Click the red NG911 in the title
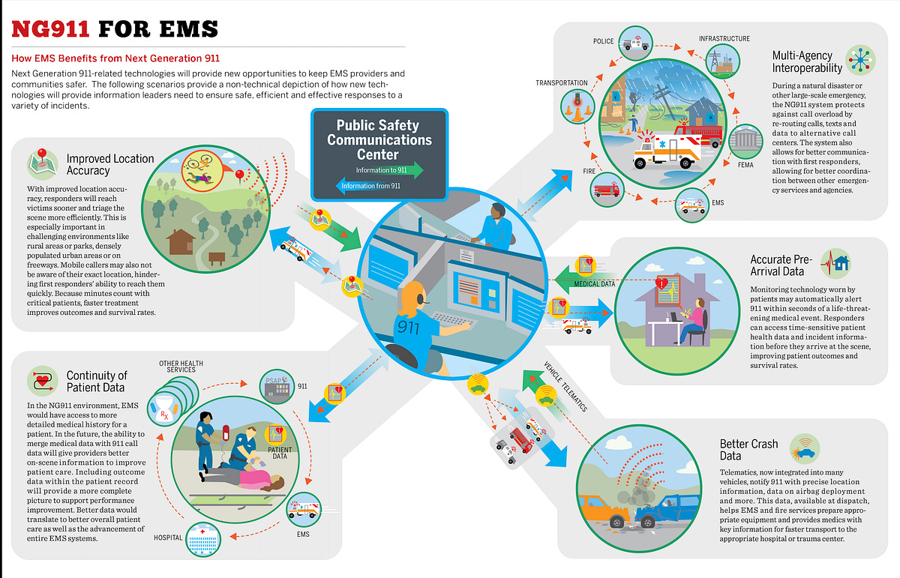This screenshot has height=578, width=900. click(50, 28)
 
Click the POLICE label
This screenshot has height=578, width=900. click(603, 42)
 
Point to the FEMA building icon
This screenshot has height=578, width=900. click(745, 140)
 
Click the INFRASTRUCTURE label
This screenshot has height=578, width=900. click(724, 37)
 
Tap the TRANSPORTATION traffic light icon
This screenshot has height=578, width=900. click(576, 100)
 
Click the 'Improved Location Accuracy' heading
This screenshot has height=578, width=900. click(109, 164)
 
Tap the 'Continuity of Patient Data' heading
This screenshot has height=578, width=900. click(97, 381)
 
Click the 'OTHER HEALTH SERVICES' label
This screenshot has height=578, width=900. click(177, 366)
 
